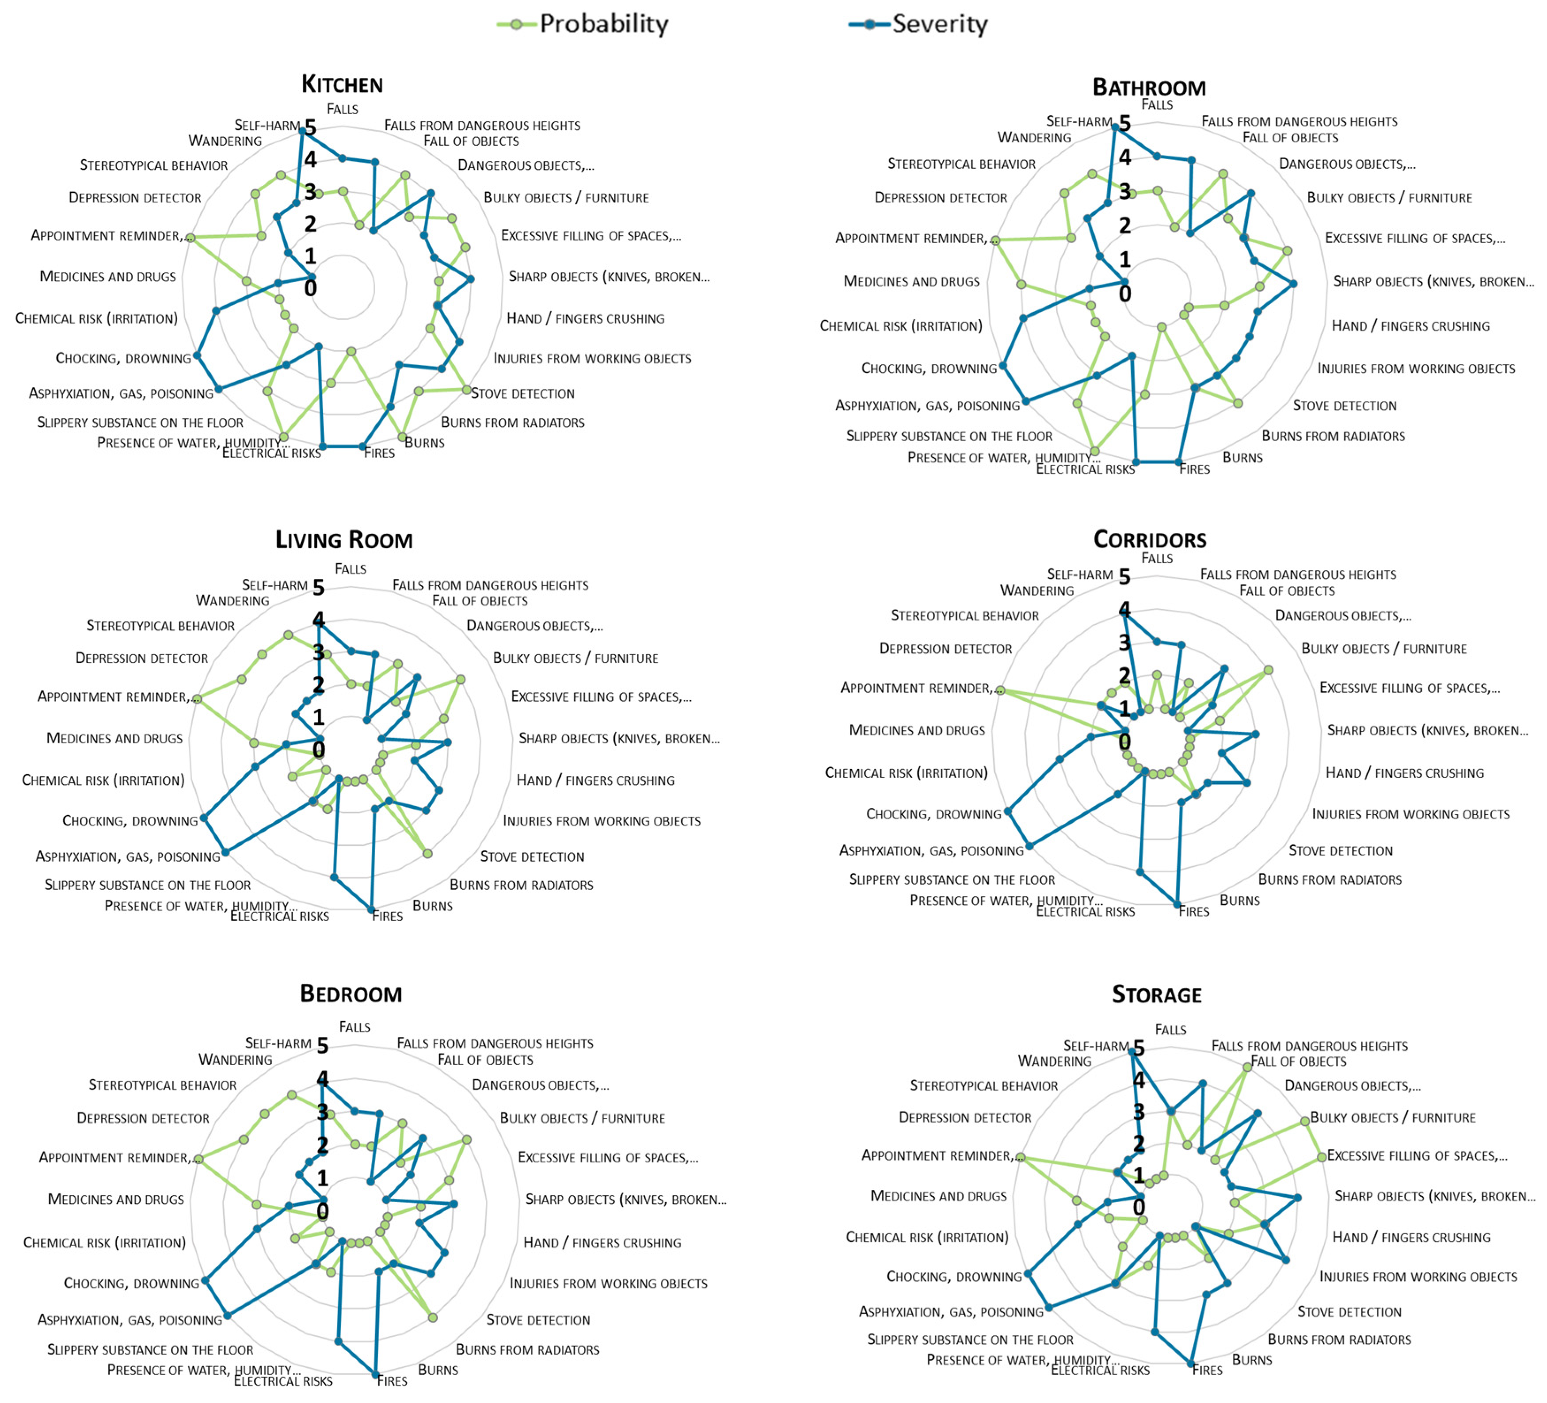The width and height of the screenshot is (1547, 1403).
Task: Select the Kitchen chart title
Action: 342,84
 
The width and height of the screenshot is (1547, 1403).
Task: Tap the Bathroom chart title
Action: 1149,88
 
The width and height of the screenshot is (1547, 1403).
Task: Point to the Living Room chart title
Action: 344,539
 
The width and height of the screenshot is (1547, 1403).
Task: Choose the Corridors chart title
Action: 1150,539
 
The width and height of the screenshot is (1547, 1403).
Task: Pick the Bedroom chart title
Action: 351,994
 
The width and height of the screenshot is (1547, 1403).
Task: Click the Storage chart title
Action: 1156,995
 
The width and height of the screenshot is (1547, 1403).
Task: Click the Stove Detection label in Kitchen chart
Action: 522,394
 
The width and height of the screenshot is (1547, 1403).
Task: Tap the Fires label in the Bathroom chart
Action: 1194,469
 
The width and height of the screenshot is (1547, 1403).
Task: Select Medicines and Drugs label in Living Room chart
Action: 114,738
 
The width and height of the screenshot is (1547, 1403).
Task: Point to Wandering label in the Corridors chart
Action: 1036,590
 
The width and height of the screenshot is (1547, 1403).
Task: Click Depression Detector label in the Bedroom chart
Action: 143,1118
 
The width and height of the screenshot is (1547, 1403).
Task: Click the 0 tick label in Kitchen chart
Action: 310,289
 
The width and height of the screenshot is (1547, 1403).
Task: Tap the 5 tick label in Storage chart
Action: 1139,1048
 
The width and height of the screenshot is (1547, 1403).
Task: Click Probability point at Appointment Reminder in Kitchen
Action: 191,238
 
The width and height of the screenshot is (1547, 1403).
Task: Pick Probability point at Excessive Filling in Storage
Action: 1322,1157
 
